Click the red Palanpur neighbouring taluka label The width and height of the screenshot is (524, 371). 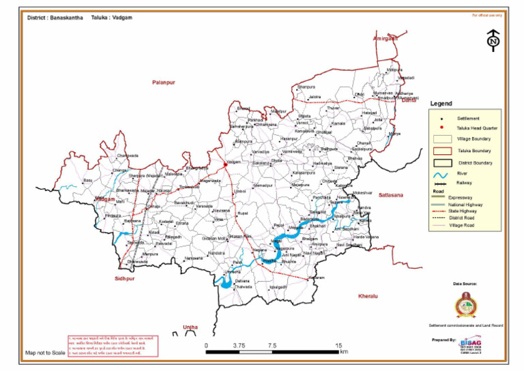coord(163,82)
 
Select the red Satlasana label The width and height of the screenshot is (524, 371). coord(392,196)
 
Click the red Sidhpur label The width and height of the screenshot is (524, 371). coord(126,280)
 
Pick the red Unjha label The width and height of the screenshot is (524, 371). coord(190,327)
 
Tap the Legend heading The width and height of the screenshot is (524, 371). coord(441,104)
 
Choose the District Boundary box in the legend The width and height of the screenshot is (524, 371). coord(441,162)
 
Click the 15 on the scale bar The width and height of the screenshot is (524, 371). coord(339,346)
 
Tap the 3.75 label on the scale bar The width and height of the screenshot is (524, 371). coord(239,346)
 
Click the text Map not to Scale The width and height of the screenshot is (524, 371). coord(45,353)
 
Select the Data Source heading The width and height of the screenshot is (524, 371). coord(465,283)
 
